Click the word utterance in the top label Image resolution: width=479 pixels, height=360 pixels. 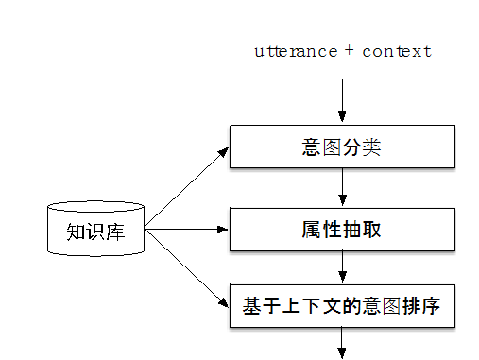(x=295, y=52)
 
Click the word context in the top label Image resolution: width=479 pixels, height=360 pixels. (x=396, y=52)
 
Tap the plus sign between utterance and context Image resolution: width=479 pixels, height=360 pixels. (x=349, y=51)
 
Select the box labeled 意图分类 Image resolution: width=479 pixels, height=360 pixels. (x=342, y=146)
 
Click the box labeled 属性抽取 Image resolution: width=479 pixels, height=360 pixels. (x=342, y=230)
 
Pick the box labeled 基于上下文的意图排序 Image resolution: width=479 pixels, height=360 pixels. (x=342, y=306)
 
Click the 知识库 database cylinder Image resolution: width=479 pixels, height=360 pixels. (x=95, y=229)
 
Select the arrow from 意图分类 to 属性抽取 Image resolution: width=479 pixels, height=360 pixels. (x=342, y=188)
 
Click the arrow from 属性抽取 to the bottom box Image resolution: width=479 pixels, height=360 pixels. (x=342, y=267)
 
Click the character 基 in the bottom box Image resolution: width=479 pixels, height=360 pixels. (x=251, y=307)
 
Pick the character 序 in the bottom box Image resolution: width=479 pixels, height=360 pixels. (x=433, y=307)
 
